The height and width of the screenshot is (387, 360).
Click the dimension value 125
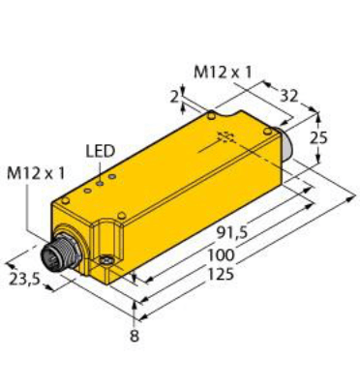pos(221,274)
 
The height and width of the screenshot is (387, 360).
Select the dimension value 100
pos(221,255)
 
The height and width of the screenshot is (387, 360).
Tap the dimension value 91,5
pos(231,233)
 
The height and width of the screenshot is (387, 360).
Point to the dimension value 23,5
pos(24,279)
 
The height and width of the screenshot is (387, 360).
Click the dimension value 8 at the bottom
pos(135,336)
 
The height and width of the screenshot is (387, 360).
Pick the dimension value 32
pos(288,96)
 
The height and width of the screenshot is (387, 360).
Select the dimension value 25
pos(318,137)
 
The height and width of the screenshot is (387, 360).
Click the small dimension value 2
pos(174,98)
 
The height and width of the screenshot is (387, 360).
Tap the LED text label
pos(101,152)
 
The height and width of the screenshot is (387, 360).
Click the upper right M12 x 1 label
pos(223,73)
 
